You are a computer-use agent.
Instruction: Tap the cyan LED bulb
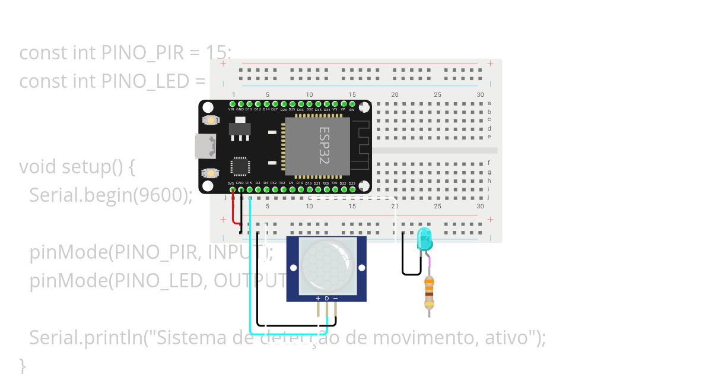[x=425, y=239]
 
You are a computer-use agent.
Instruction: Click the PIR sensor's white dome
[x=323, y=264]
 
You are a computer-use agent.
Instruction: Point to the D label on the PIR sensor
[x=326, y=298]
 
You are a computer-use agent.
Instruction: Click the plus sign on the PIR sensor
[x=318, y=298]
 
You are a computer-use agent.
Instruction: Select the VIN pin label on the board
[x=231, y=109]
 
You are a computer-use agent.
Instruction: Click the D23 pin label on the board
[x=352, y=183]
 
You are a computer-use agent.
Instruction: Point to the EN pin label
[x=352, y=109]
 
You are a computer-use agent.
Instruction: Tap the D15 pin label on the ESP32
[x=249, y=183]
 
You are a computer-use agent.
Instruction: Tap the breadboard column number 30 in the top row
[x=480, y=95]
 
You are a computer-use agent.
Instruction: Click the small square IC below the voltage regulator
[x=240, y=166]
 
